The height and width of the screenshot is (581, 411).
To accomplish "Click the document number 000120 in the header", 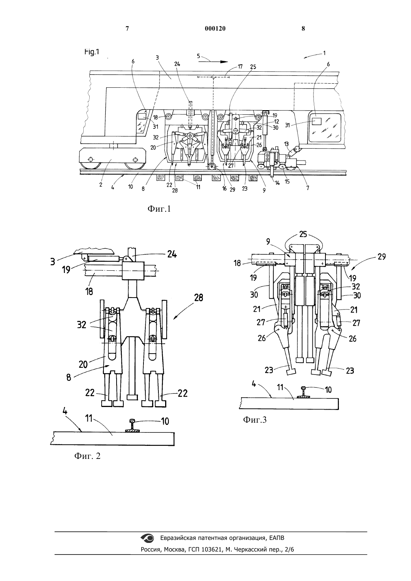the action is [x=215, y=29].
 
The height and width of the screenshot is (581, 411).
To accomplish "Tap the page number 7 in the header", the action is [x=127, y=29].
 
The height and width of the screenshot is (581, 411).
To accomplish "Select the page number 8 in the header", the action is [x=303, y=29].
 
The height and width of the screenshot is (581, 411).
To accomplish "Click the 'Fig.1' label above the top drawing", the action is [x=92, y=52].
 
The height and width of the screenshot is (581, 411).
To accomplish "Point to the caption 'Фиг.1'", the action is [x=159, y=209].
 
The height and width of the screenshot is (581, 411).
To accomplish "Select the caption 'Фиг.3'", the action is [x=254, y=419].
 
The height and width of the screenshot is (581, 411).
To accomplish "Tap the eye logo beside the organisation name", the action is [x=147, y=538].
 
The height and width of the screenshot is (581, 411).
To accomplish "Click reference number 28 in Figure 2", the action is [x=198, y=298].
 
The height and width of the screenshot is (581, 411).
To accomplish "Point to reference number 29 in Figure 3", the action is [x=381, y=257].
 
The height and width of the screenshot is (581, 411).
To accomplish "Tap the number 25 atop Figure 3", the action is [x=303, y=234].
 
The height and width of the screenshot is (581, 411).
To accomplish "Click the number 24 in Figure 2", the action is [x=172, y=255].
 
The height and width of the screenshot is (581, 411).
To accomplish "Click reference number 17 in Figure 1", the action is [x=240, y=67].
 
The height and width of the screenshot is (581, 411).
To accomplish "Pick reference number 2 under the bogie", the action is [x=101, y=185].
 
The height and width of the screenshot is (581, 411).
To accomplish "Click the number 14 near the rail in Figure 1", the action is [x=277, y=183].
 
